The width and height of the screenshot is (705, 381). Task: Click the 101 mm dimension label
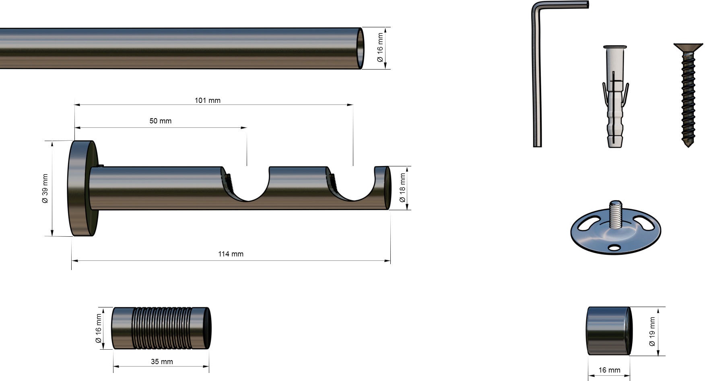[208, 100]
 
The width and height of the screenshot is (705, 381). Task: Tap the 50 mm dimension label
[160, 121]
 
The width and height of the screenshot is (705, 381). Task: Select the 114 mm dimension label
[231, 254]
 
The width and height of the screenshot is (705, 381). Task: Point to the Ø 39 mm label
[45, 188]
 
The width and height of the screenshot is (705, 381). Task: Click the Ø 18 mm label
[402, 188]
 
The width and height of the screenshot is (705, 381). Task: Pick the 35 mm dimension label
[162, 362]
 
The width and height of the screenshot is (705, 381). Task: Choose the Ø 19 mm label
[652, 332]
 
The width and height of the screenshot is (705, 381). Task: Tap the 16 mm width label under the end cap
[609, 370]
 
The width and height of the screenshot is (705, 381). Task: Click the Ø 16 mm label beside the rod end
[380, 48]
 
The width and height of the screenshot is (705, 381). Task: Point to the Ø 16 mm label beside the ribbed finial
[99, 328]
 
